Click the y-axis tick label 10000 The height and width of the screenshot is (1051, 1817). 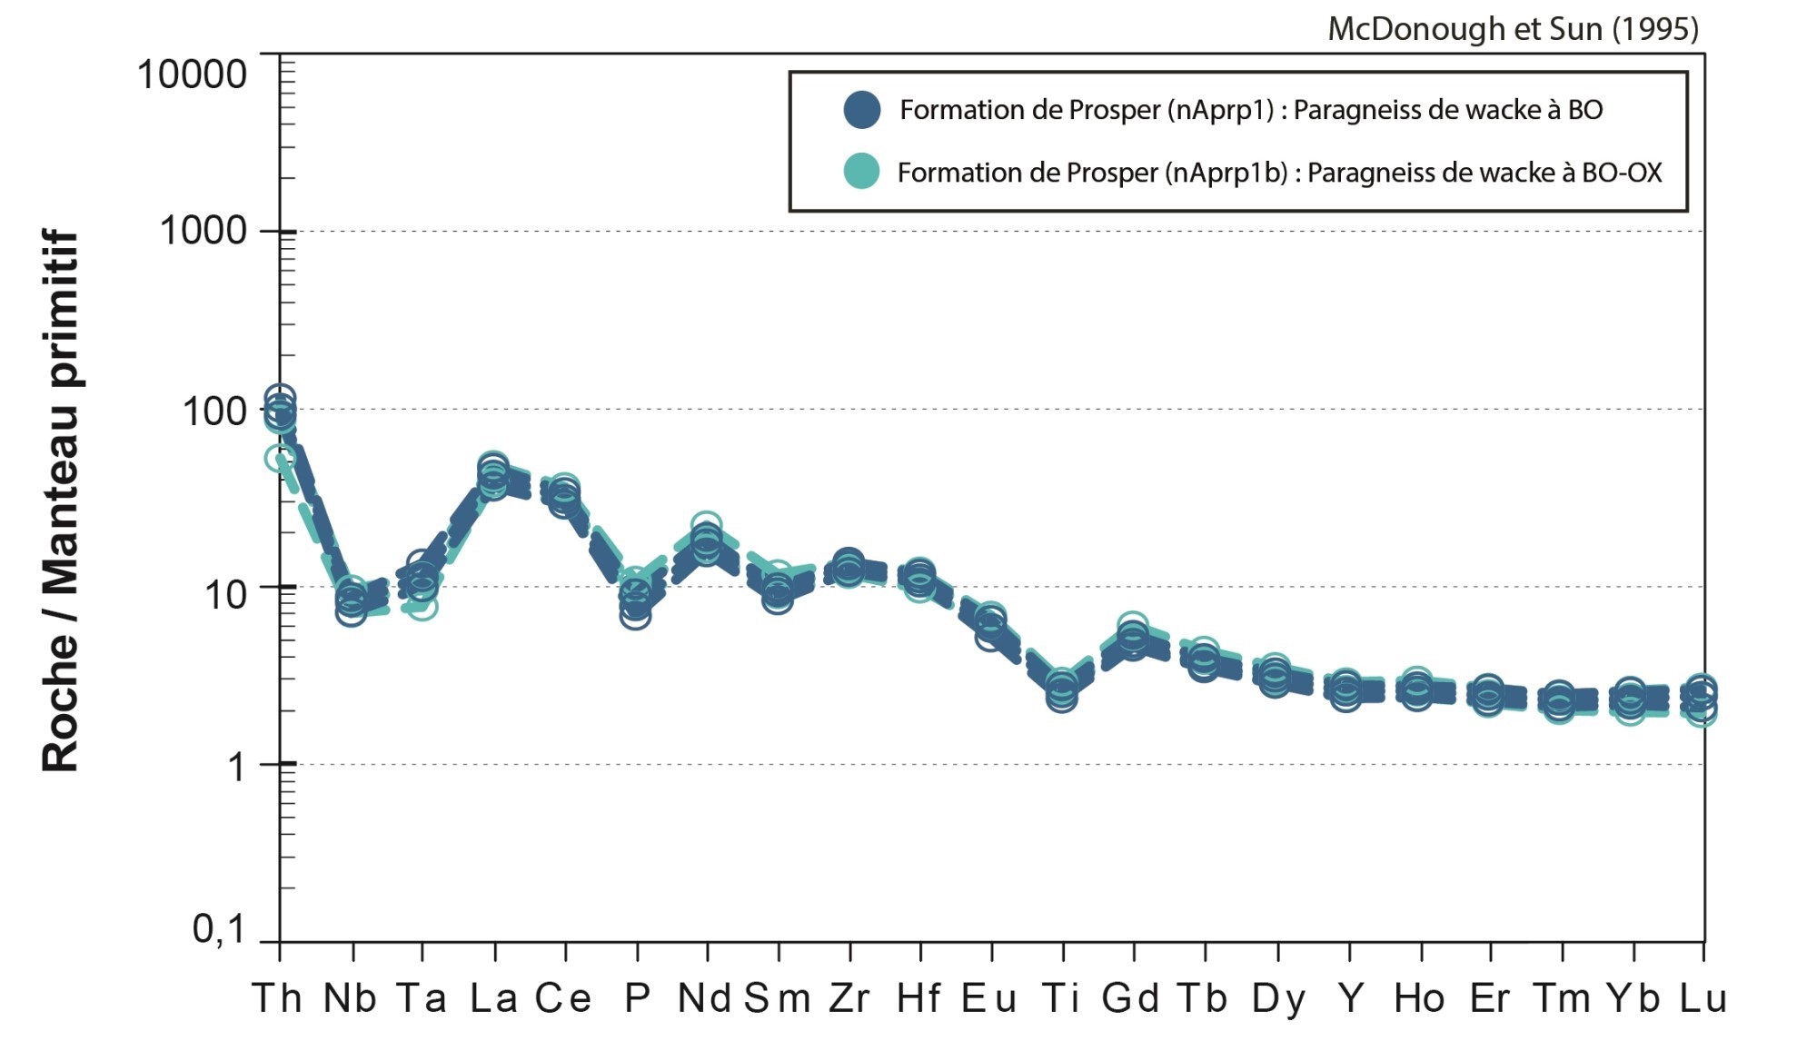coord(192,74)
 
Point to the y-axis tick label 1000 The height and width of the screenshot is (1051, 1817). coord(204,232)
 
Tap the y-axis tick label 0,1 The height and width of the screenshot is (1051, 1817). coord(219,929)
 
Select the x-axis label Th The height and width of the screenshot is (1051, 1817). coord(277,998)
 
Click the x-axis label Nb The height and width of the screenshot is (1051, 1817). coord(351,998)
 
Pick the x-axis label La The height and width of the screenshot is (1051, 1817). coord(494,998)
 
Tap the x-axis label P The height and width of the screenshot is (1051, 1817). coord(637,998)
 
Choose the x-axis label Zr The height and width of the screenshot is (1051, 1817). coord(849,998)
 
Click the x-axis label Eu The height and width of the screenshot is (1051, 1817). coord(989,998)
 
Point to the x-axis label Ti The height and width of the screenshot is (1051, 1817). coord(1061,998)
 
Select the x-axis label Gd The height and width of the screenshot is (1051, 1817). coord(1131,998)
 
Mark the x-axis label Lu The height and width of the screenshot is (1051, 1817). coord(1703,998)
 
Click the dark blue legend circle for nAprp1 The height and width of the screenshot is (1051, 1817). coord(861,110)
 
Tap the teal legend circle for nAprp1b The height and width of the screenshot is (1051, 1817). coord(861,172)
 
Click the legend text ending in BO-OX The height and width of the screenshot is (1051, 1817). coord(1279,173)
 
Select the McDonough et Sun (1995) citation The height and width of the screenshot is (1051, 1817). coord(1513,29)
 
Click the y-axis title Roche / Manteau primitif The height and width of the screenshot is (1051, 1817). coord(61,501)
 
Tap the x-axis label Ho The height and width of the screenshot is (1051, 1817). coord(1419,998)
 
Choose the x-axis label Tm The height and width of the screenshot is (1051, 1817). coord(1561,998)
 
